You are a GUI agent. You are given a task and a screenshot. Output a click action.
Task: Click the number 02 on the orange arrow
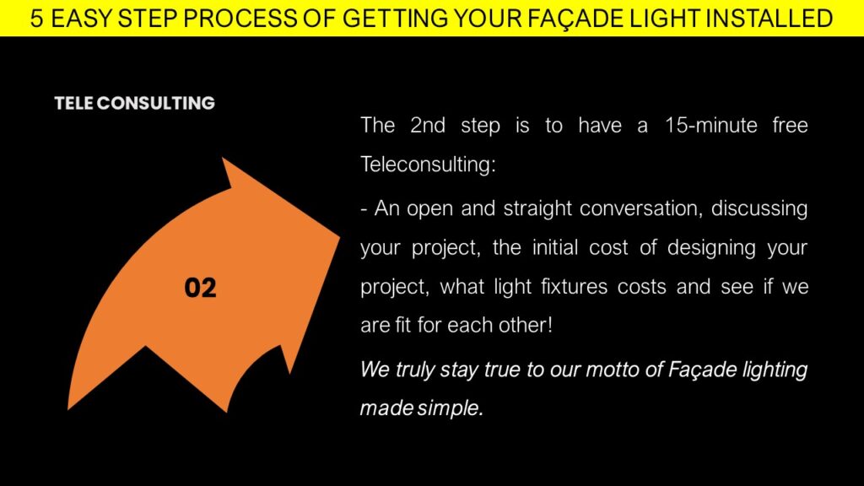[200, 288]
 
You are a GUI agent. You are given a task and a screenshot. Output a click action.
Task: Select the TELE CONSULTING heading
[134, 103]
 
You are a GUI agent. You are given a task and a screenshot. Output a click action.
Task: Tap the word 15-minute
[710, 125]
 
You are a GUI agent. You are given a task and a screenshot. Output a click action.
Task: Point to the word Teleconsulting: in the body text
[428, 165]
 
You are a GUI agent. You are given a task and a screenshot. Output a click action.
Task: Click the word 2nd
[428, 125]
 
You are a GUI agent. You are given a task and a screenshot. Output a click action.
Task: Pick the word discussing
[759, 209]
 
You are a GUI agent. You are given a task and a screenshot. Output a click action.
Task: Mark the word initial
[554, 247]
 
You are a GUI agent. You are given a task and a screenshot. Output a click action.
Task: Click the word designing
[711, 248]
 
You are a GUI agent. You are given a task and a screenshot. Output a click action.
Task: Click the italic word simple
[451, 408]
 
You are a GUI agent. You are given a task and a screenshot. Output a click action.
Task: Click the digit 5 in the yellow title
[36, 19]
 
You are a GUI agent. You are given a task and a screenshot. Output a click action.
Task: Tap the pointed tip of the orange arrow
[339, 237]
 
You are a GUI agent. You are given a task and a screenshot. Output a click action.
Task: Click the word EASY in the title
[82, 19]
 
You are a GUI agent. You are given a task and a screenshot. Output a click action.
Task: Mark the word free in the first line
[790, 125]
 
